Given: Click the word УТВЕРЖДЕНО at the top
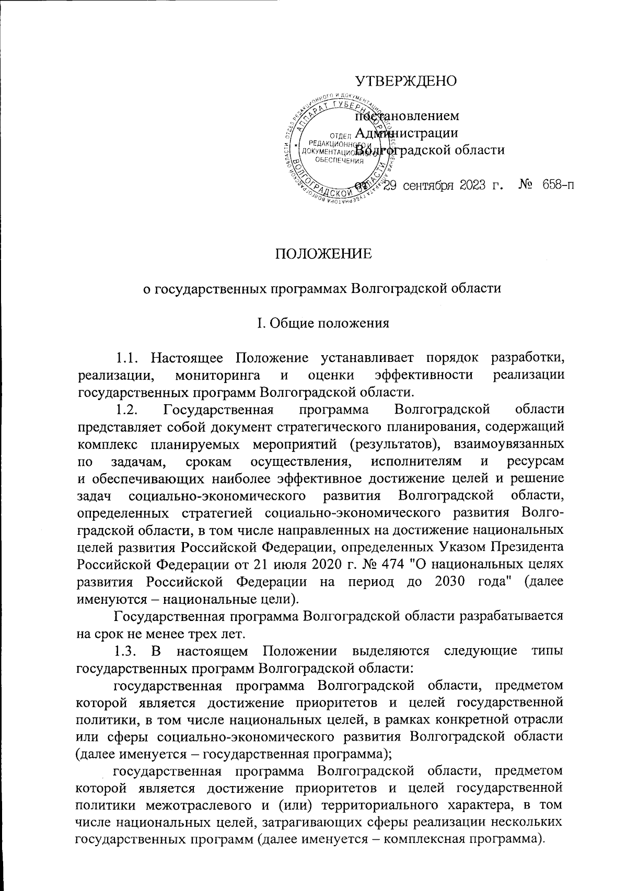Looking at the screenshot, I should click(x=406, y=81).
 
